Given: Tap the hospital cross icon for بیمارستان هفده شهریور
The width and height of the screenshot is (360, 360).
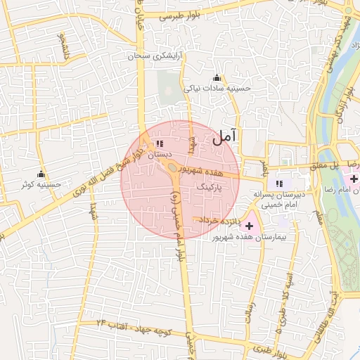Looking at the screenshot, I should pyautogui.click(x=249, y=226).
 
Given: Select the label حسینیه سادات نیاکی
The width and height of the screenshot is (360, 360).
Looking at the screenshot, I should pyautogui.click(x=217, y=89).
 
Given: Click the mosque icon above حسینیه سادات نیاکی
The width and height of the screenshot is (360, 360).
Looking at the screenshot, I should pyautogui.click(x=217, y=78).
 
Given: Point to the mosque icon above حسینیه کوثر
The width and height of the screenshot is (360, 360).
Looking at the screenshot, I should pyautogui.click(x=41, y=174).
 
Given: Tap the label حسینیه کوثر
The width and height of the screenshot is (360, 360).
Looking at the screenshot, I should pyautogui.click(x=41, y=185).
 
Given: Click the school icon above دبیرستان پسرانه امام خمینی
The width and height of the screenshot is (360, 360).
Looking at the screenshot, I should pyautogui.click(x=279, y=183).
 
